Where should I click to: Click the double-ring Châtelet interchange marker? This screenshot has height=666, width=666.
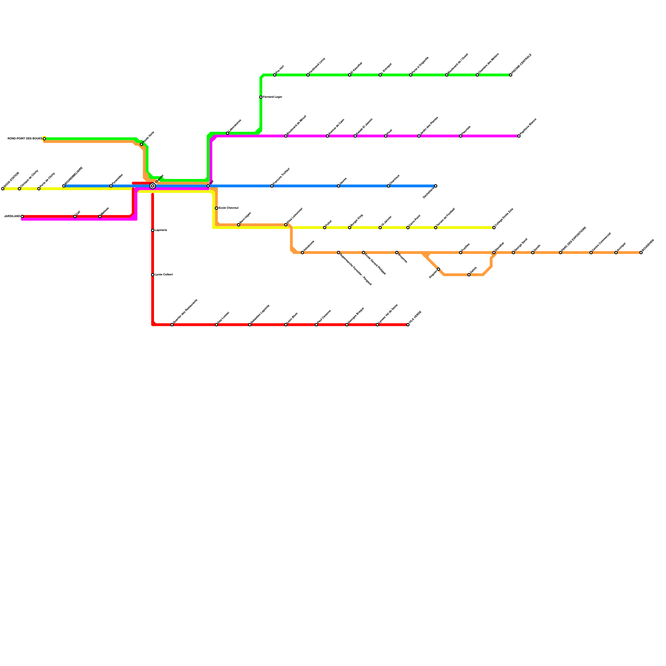(x=153, y=186)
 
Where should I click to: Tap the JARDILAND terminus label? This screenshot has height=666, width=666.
(x=12, y=216)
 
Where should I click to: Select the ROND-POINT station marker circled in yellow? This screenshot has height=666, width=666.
(x=45, y=139)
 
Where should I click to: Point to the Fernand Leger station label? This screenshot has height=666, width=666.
(x=273, y=97)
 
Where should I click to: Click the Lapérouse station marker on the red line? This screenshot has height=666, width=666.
(x=153, y=230)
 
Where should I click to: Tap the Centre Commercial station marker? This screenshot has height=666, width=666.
(x=591, y=253)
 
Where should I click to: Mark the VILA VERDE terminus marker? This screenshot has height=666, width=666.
(x=408, y=325)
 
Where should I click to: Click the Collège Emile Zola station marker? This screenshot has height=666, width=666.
(x=494, y=228)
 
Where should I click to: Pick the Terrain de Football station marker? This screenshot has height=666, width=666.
(x=436, y=228)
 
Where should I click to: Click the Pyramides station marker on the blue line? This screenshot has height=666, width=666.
(x=111, y=186)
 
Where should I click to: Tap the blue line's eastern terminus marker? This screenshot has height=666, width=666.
(x=436, y=186)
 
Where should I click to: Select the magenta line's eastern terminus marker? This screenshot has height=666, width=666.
(x=519, y=136)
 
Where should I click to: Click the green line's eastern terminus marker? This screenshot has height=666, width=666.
(x=511, y=75)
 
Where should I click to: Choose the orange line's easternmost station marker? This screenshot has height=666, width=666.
(x=641, y=253)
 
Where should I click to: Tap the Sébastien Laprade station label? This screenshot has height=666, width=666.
(x=261, y=314)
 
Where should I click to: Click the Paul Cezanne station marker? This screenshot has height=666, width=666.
(x=316, y=325)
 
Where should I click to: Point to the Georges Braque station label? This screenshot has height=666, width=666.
(x=356, y=316)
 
